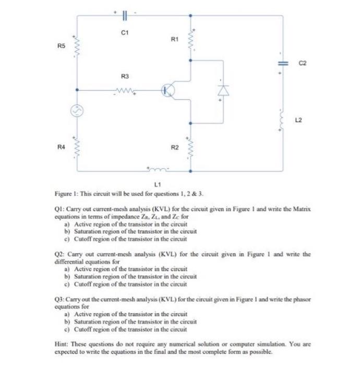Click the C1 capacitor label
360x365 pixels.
pos(124,32)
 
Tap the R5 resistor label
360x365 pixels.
pos(61,47)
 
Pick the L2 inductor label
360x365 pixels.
pos(299,120)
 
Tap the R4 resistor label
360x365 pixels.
pos(61,148)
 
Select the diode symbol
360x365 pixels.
pos(225,90)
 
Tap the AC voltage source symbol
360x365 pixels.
pos(77,111)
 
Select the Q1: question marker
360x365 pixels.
pos(60,207)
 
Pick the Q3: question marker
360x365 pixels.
pos(60,301)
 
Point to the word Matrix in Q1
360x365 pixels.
pos(301,207)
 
